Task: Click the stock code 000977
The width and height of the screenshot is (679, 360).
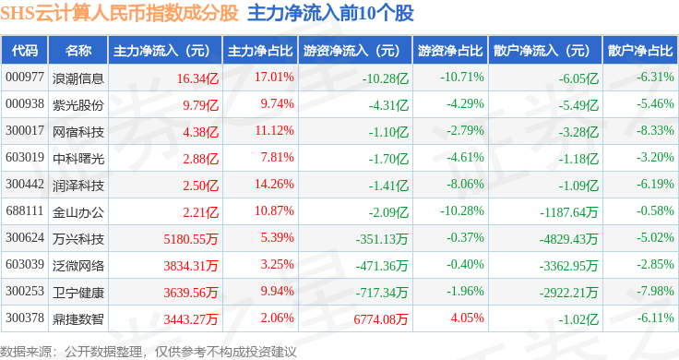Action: (x=25, y=78)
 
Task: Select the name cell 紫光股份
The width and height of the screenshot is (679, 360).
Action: (x=77, y=104)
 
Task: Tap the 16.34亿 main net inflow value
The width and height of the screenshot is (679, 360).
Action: (x=197, y=78)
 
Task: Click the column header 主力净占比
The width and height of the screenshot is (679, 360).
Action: (x=260, y=51)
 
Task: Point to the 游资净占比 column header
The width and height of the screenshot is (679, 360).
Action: (x=450, y=51)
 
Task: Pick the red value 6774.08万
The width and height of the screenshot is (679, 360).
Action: (x=381, y=319)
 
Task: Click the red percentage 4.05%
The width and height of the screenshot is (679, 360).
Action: (x=467, y=318)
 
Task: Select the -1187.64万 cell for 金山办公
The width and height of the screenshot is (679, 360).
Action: (x=568, y=212)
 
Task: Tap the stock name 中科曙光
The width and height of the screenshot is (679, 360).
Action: (x=77, y=158)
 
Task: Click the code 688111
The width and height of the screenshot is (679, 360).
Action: (x=25, y=211)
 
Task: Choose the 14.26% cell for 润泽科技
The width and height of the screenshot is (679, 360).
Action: (x=274, y=184)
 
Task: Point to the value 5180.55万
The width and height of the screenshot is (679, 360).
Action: (x=191, y=239)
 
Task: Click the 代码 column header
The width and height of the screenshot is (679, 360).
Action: (x=25, y=51)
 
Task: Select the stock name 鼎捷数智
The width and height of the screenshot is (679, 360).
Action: (x=77, y=319)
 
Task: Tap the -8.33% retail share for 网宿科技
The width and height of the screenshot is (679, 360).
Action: (x=655, y=130)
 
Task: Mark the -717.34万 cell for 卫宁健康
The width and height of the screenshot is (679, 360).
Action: (x=382, y=293)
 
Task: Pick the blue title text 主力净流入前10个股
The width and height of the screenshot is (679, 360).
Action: (x=330, y=13)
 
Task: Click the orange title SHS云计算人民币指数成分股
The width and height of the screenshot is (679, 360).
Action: (x=119, y=13)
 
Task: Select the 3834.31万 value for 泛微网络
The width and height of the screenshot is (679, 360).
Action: (x=191, y=266)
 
